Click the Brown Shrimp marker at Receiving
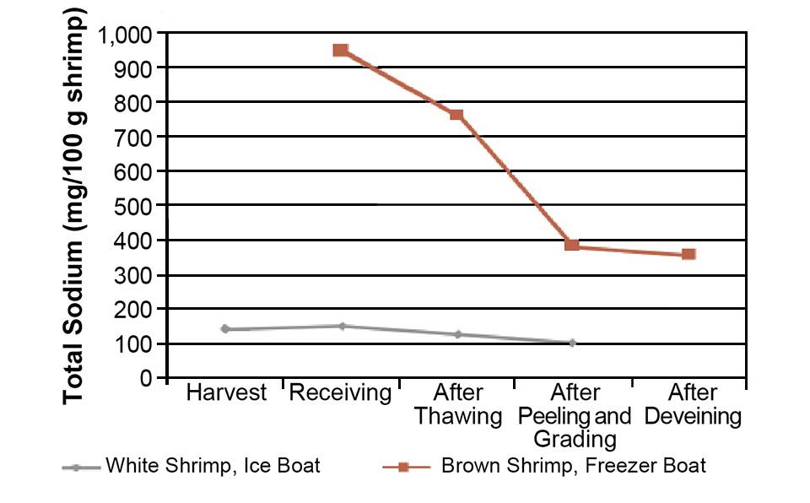click(341, 51)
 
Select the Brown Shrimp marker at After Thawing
click(456, 114)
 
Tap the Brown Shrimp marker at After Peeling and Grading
click(572, 246)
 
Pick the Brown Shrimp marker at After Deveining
click(688, 254)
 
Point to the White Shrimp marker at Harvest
click(225, 329)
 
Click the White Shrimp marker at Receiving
click(342, 326)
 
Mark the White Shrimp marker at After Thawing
click(457, 334)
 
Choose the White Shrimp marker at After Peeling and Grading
click(572, 343)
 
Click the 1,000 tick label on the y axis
click(127, 35)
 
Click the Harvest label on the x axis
click(226, 393)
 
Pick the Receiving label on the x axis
click(341, 393)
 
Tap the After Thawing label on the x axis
click(457, 404)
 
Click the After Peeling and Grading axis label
click(575, 415)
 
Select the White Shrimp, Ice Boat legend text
click(213, 466)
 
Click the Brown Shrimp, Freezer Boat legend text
click(574, 466)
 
